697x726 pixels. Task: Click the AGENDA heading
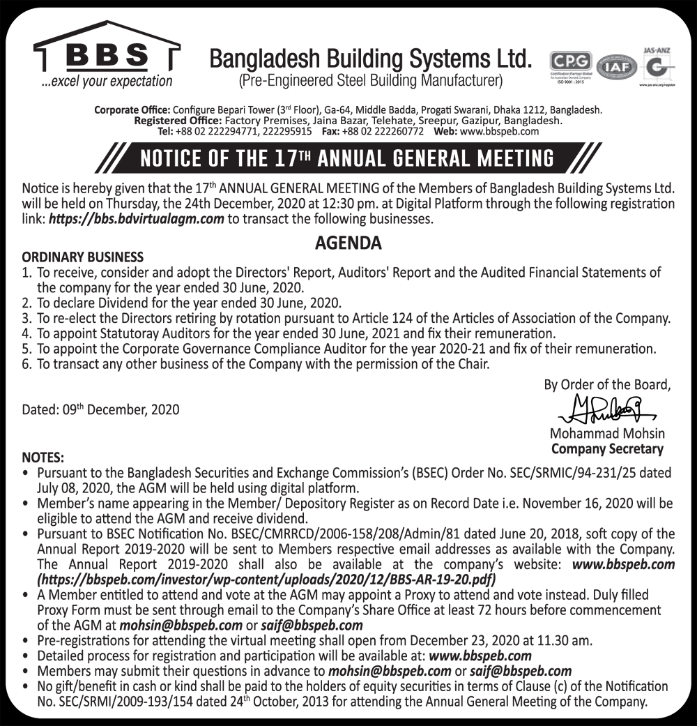pos(348,243)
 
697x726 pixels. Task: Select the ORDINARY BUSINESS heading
pos(83,257)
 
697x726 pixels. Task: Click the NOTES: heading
pos(43,458)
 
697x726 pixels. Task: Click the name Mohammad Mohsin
pos(607,434)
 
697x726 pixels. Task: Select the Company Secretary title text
pos(607,449)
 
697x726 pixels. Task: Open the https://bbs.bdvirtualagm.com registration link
pos(137,219)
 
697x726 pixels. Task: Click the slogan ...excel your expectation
pos(106,81)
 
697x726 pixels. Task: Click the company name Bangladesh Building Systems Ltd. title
pos(370,59)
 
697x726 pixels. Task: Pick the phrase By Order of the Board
pos(607,384)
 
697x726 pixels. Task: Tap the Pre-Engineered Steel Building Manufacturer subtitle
pos(370,81)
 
